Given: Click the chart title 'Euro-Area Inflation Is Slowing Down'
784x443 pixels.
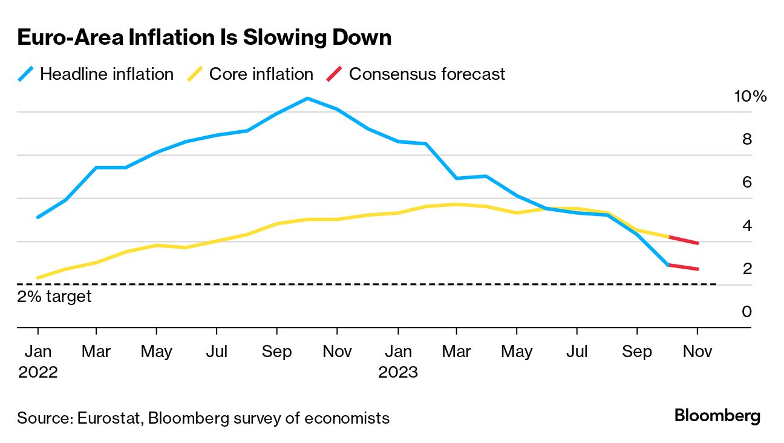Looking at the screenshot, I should pyautogui.click(x=204, y=38).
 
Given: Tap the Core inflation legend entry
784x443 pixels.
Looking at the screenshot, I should pyautogui.click(x=251, y=74).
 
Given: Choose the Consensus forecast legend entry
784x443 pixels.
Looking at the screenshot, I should pyautogui.click(x=416, y=74).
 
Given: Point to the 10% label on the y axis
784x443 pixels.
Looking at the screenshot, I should pyautogui.click(x=750, y=96).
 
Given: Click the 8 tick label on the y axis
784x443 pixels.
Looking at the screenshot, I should pyautogui.click(x=746, y=139).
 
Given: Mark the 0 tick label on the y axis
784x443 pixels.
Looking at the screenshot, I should pyautogui.click(x=746, y=312).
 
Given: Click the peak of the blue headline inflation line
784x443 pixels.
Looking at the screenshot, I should pyautogui.click(x=307, y=98).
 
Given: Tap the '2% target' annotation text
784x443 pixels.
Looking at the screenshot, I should pyautogui.click(x=54, y=297).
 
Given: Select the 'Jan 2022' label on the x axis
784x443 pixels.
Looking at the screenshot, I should pyautogui.click(x=38, y=361).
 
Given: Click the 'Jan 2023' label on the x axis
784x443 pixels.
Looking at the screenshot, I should pyautogui.click(x=397, y=361).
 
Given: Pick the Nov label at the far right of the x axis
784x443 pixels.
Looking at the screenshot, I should pyautogui.click(x=697, y=352).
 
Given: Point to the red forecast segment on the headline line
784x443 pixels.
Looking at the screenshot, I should pyautogui.click(x=683, y=267).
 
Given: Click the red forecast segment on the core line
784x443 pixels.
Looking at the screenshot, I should pyautogui.click(x=683, y=240).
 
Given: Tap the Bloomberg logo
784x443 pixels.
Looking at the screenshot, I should pyautogui.click(x=717, y=416).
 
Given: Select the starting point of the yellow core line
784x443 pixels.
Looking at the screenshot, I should pyautogui.click(x=38, y=278).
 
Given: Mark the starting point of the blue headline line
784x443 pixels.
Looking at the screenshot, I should pyautogui.click(x=38, y=217).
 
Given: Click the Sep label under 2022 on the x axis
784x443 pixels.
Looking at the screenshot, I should pyautogui.click(x=276, y=352).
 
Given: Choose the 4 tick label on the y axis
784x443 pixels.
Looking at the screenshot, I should pyautogui.click(x=746, y=226).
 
